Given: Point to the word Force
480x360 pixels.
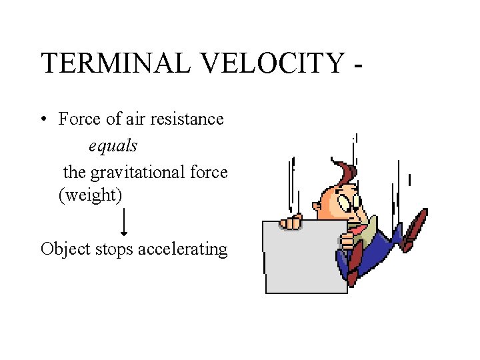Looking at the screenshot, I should [x=77, y=119].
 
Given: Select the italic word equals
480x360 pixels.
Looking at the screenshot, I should [x=113, y=145].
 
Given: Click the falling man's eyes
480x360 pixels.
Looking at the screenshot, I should [x=351, y=200].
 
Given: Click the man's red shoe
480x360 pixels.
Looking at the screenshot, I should [x=415, y=223].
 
